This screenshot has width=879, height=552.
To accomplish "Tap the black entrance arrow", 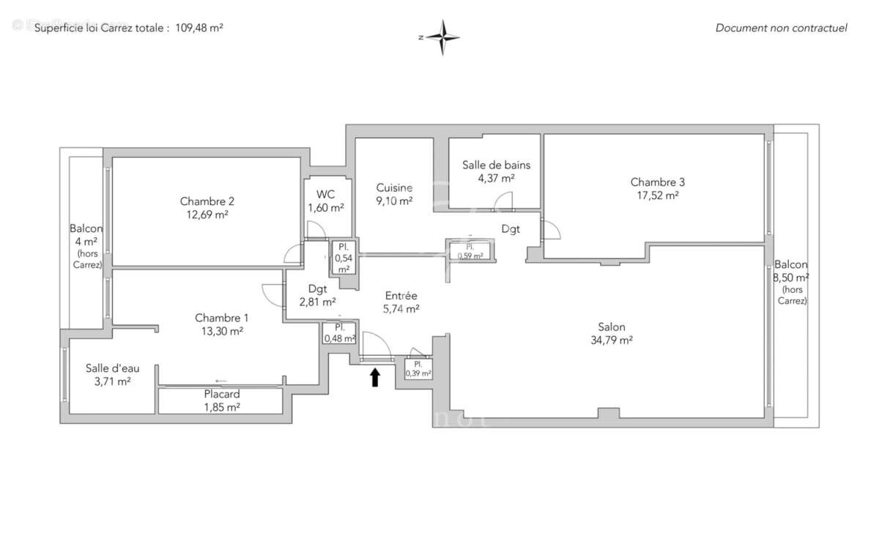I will tap(375, 377).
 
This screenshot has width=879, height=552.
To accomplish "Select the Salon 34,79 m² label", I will tap(611, 333).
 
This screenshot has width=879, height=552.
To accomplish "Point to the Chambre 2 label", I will tap(207, 207).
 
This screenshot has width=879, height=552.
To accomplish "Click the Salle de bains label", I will tap(496, 171).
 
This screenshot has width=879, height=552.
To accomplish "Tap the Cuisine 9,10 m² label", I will tap(394, 194).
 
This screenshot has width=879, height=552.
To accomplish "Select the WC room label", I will tap(325, 201).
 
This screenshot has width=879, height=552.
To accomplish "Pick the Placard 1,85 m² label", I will tap(220, 400).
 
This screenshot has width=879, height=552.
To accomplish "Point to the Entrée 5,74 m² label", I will tap(401, 302).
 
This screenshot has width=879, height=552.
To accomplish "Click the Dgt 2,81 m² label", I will tap(317, 294).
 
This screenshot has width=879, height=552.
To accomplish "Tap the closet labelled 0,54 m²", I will tap(343, 258).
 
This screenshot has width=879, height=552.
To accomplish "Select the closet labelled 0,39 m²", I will tap(418, 368).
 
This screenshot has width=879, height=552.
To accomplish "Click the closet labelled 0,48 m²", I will tap(339, 332).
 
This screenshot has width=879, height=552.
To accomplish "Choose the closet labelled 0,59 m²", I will tap(470, 252).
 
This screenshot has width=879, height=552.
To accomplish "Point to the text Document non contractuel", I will tap(781, 28).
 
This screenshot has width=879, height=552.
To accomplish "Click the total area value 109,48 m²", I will tap(199, 28).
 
